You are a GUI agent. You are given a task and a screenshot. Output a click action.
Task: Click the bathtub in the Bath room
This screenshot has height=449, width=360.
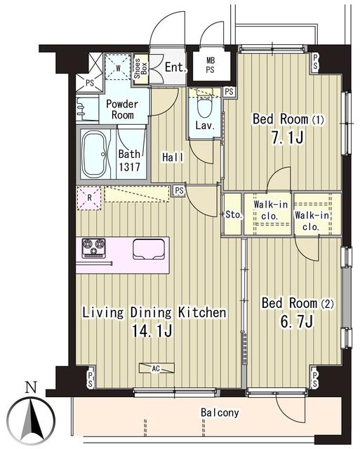click(95, 154)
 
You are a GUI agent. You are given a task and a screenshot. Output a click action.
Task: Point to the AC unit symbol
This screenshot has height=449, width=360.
click(156, 368)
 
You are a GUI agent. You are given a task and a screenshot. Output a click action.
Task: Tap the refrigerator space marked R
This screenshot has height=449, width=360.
click(89, 198)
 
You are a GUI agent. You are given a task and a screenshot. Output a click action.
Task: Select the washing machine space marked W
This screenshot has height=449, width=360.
click(118, 67)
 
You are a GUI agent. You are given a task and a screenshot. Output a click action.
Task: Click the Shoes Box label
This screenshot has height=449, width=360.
click(140, 69)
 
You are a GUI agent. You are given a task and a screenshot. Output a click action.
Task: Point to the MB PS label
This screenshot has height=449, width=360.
click(211, 65)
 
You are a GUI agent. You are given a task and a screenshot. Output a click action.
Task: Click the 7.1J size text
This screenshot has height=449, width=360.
click(287, 138)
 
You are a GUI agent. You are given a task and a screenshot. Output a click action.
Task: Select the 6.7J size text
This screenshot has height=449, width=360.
click(298, 321)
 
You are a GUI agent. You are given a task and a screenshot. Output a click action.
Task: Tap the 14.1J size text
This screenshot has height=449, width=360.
click(152, 331)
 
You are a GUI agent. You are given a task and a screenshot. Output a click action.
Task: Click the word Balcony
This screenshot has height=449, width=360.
click(220, 413)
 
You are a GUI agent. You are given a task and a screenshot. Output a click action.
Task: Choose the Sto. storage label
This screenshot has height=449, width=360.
click(234, 215)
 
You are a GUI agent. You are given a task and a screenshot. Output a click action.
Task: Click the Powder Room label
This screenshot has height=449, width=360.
click(122, 109)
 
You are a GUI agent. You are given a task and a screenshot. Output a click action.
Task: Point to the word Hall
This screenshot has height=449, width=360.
click(173, 157)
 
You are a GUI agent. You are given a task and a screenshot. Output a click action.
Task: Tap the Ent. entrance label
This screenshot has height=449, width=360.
click(176, 67)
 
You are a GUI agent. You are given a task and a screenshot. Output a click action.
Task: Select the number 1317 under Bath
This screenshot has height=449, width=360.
click(129, 167)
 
